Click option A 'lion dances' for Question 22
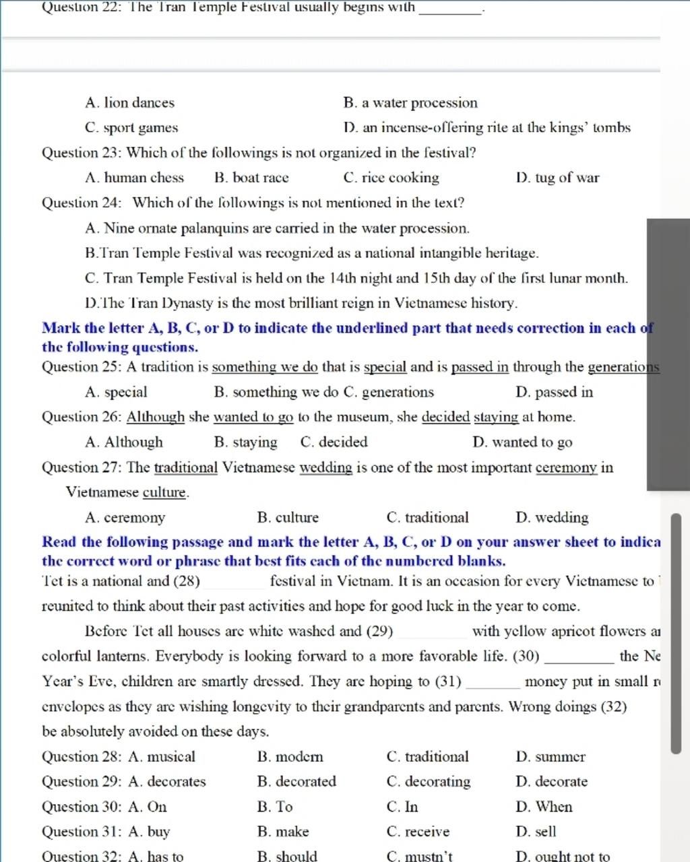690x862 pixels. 129,103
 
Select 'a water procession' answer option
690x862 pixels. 410,103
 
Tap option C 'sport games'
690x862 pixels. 131,128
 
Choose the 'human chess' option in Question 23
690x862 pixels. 135,178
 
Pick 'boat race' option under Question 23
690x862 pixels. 251,178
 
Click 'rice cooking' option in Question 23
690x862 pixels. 391,178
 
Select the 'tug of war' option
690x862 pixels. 557,178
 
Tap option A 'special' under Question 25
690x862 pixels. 117,392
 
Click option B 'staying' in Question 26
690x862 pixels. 245,442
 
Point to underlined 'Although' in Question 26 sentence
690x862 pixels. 156,417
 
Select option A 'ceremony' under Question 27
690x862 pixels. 125,518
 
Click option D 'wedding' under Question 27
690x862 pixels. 552,518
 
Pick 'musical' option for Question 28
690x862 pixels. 162,757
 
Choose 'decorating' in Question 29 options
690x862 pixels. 429,782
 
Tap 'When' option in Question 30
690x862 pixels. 544,807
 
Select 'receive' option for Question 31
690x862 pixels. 418,832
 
